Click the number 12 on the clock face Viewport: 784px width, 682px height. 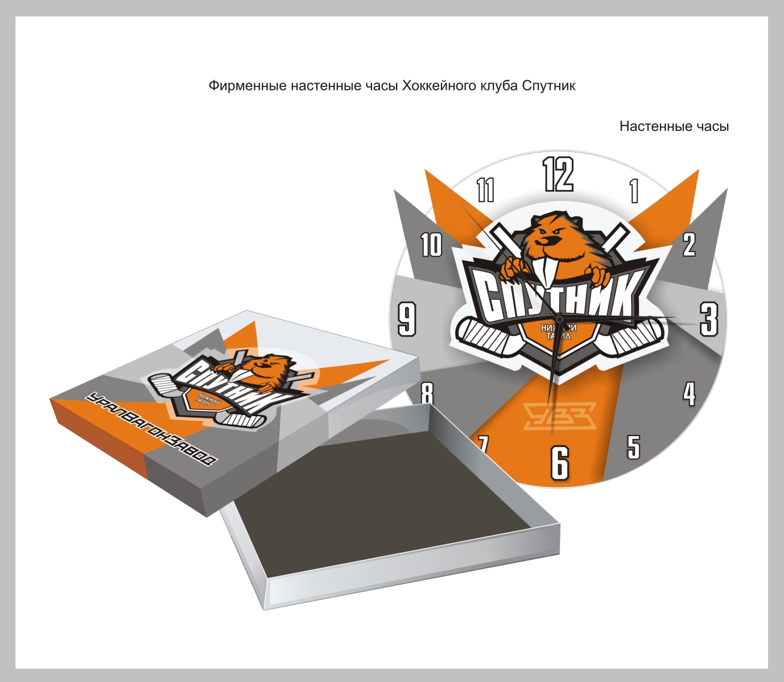tap(558, 174)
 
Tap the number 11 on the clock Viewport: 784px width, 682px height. tap(485, 190)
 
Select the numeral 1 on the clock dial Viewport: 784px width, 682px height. tap(634, 191)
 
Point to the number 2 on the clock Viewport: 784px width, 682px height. tap(689, 244)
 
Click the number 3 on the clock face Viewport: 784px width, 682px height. tap(709, 319)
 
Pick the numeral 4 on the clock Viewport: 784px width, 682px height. tap(689, 393)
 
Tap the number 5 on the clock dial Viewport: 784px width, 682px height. tap(633, 447)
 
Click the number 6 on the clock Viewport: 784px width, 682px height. tap(560, 462)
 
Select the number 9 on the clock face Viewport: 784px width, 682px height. tap(407, 319)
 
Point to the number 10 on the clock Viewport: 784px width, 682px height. tap(431, 245)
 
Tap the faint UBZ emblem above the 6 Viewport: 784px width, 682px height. tap(559, 416)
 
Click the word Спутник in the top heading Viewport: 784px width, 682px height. tap(548, 86)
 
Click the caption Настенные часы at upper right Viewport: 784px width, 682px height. tap(674, 126)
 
